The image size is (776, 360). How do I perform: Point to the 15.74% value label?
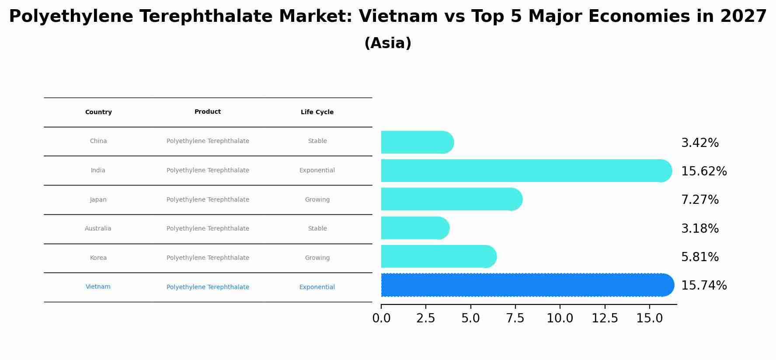[x=704, y=286]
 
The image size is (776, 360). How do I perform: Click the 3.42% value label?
[x=700, y=143]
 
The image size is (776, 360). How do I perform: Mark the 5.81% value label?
[x=700, y=257]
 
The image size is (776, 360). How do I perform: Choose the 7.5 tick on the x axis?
[x=515, y=318]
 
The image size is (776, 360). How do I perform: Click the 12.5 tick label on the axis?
[x=605, y=318]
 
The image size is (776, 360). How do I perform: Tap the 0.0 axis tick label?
[x=381, y=318]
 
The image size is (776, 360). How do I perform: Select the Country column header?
[x=98, y=112]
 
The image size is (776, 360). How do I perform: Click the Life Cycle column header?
[x=317, y=112]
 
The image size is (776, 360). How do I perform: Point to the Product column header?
[x=208, y=112]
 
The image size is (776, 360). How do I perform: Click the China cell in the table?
[x=98, y=141]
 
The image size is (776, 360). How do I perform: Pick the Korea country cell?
[x=98, y=258]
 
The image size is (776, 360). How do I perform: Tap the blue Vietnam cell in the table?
[x=98, y=287]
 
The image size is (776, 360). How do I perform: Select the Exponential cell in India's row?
[x=317, y=171]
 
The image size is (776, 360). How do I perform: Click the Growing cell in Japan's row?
[x=317, y=200]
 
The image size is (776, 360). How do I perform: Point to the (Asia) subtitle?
[x=388, y=43]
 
